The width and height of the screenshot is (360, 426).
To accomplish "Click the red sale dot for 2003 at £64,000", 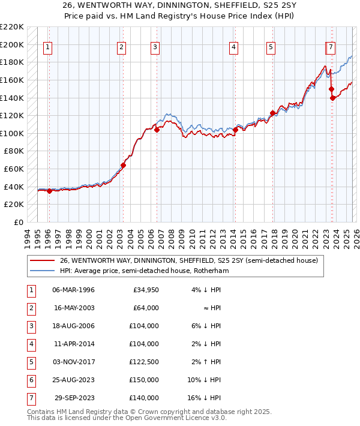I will [123, 165].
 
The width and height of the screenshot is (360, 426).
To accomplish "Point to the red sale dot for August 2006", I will [157, 130].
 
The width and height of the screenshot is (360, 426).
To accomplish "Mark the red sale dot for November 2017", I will [272, 113].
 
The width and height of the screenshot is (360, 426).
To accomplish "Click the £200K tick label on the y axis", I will [12, 44].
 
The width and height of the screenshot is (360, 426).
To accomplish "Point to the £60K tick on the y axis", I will [14, 169].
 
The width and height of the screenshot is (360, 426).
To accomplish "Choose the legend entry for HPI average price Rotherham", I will [144, 271].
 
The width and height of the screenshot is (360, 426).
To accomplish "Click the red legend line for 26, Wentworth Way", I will [42, 260].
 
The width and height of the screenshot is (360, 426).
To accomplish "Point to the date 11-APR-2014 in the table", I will [73, 344].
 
